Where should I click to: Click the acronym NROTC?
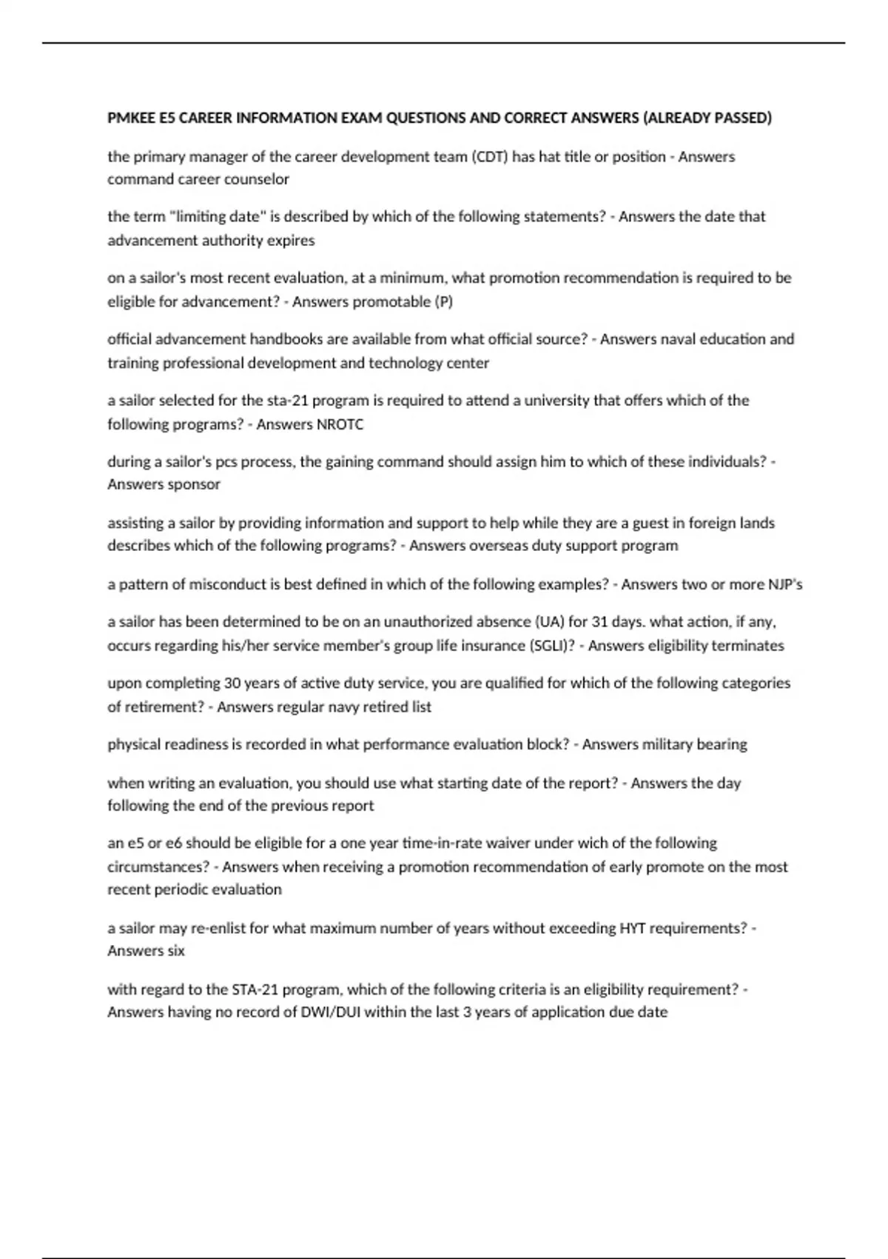340,424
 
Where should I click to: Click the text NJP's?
785,584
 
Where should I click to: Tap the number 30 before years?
232,683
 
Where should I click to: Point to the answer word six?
176,951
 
